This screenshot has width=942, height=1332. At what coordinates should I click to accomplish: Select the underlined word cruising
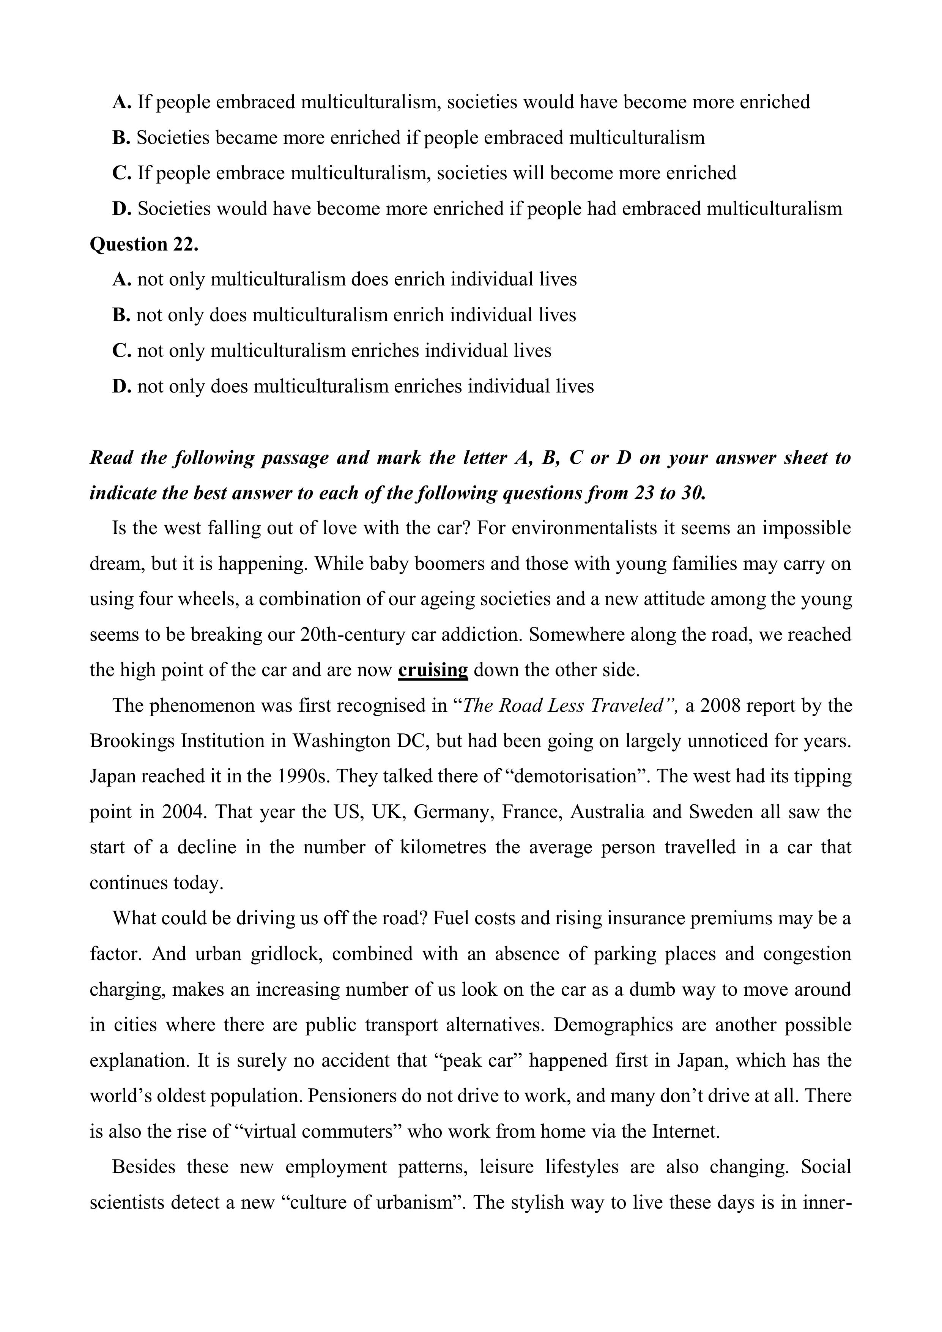pyautogui.click(x=433, y=670)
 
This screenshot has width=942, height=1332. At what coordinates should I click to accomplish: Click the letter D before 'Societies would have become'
pyautogui.click(x=121, y=209)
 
